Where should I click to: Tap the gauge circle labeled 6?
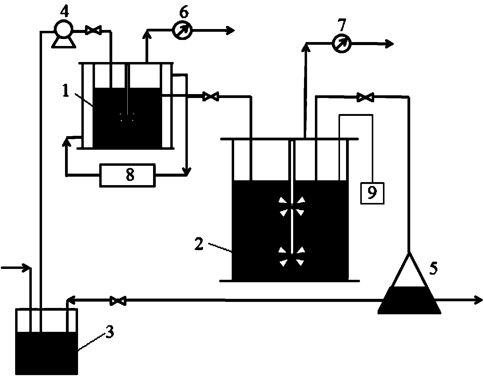coord(182,30)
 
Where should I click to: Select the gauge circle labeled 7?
coord(342,44)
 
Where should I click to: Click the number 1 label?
coord(66,91)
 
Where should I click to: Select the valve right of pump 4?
coord(93,30)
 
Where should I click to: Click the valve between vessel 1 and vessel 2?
coord(211,97)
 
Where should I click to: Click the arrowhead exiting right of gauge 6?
coord(231,30)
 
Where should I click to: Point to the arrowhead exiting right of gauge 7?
coord(390,44)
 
